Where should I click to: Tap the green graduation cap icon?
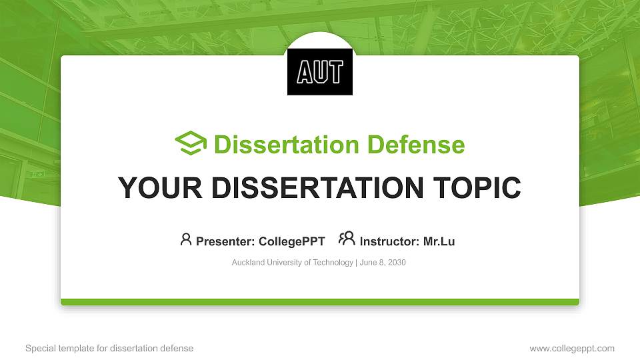point(191,144)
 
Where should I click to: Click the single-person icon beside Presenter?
point(186,239)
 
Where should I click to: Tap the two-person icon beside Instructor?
point(347,239)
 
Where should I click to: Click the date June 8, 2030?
point(383,263)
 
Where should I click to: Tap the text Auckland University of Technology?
point(292,263)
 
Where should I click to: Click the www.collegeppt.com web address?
point(571,348)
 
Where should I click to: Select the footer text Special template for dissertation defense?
point(109,348)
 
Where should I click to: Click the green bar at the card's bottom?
point(320,302)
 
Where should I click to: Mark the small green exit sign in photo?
point(40,174)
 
